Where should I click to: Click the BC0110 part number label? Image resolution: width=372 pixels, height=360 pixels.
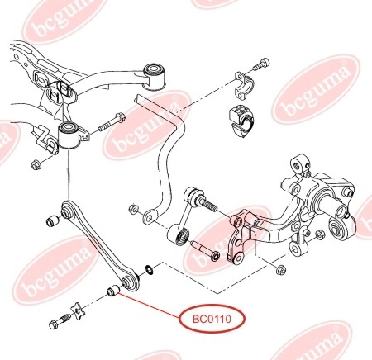pos(212,319)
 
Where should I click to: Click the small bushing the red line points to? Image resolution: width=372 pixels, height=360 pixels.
pos(113,291)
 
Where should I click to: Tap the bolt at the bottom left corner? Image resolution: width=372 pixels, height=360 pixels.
pos(60,321)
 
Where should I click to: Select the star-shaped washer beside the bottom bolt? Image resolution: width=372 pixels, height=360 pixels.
pos(78,310)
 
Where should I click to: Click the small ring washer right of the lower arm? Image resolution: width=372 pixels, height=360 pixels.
pos(149,269)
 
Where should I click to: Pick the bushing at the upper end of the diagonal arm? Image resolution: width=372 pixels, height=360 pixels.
pos(52,220)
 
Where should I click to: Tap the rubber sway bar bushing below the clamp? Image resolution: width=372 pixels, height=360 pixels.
pos(241,121)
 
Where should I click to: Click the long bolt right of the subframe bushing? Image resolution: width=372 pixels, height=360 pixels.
pos(110,123)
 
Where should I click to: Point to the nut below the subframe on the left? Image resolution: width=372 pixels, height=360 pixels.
pos(36,164)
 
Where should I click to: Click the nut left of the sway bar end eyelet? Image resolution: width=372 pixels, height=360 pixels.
pos(133,209)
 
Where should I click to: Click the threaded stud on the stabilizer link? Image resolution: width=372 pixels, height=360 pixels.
pos(208,205)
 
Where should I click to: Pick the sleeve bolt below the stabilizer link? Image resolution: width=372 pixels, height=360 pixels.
pos(205,250)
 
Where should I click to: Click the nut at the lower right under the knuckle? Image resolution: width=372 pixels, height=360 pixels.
pos(281,269)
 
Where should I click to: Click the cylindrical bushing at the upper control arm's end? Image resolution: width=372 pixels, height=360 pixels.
pos(155,76)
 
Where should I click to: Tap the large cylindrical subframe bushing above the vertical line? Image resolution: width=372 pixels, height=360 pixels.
pos(69,135)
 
